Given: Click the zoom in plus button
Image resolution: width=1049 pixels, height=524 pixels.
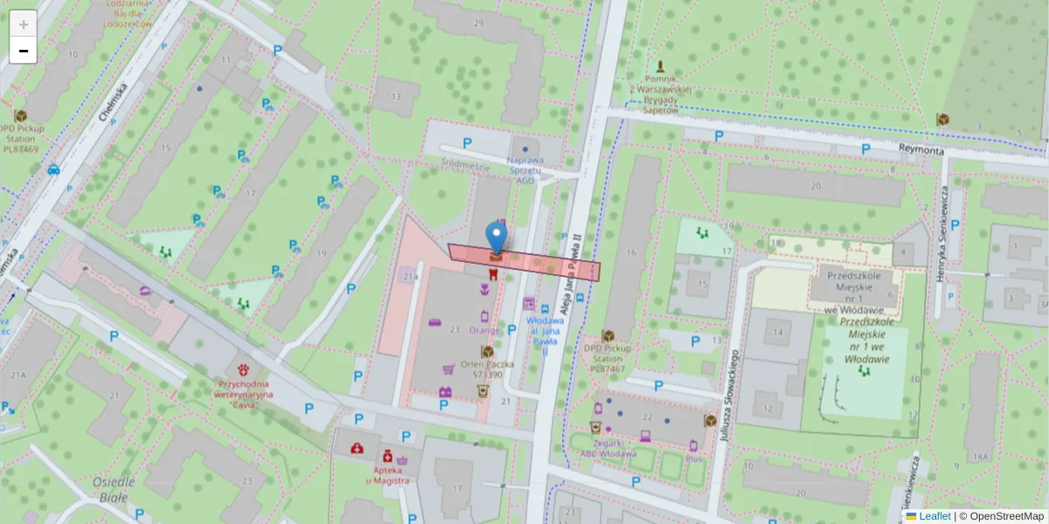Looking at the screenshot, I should [23, 24].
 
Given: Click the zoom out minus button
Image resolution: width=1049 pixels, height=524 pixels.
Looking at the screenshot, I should [23, 51].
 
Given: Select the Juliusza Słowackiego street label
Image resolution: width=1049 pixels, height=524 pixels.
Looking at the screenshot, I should [725, 392].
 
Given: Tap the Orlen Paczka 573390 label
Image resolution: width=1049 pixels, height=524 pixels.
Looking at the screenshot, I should [488, 369].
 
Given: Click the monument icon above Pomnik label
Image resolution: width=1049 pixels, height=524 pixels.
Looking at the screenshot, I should [660, 66].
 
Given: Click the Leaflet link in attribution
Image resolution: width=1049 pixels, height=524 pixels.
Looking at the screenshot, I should [934, 516].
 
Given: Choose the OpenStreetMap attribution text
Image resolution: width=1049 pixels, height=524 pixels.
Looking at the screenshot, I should [1001, 516].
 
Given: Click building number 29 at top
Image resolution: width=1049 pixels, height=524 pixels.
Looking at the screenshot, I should [478, 23].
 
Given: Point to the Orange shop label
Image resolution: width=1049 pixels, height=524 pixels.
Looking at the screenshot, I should [483, 330].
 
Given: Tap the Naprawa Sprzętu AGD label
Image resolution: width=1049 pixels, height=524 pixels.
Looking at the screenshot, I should [525, 169].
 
